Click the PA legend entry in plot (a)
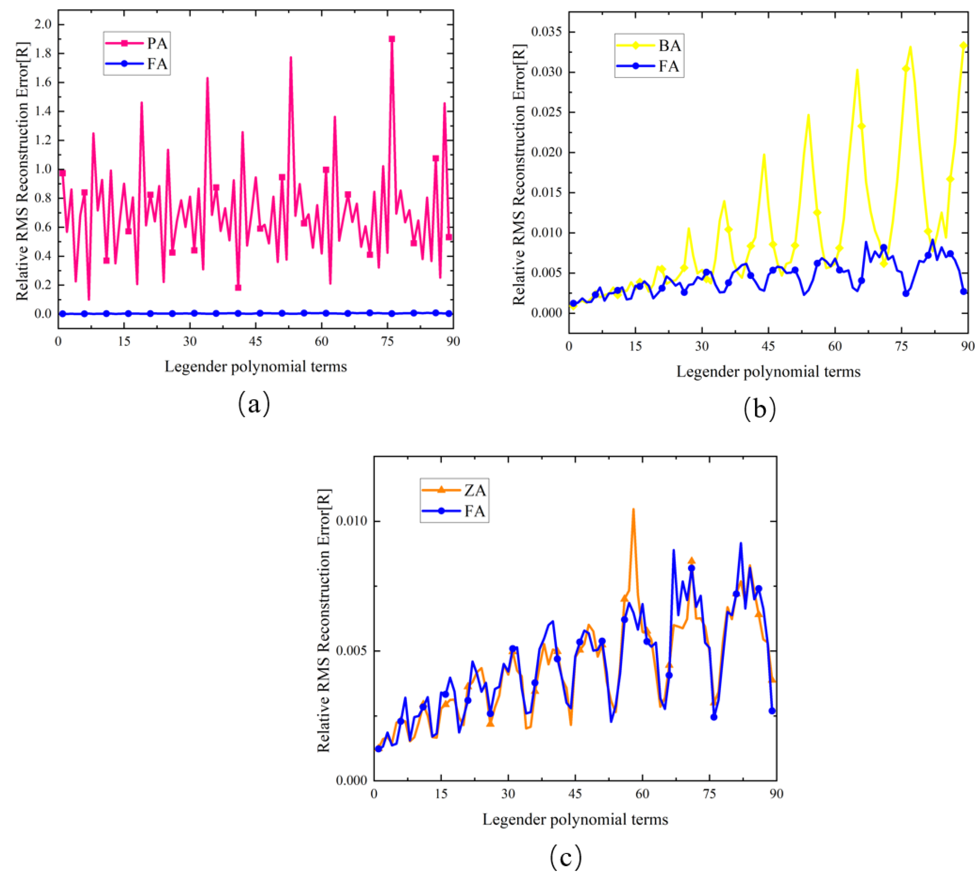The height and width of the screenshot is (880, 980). pos(137,43)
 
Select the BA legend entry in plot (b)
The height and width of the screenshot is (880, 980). pos(648,46)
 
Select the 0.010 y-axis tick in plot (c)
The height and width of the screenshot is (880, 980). pos(351,521)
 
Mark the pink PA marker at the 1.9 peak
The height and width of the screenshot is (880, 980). pos(391,39)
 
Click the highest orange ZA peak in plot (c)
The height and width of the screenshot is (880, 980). pos(633,509)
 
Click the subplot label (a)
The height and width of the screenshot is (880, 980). pos(254,404)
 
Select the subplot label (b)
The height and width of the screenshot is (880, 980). pos(760,409)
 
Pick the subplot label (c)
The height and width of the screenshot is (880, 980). pos(566,857)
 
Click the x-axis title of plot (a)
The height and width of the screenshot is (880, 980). pos(256,366)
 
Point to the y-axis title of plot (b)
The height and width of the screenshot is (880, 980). pos(519,174)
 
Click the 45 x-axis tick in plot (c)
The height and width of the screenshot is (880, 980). pos(575,793)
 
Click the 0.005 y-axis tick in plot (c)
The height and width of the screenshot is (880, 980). pos(351,651)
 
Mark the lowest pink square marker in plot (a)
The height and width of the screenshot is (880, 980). pos(238,288)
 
